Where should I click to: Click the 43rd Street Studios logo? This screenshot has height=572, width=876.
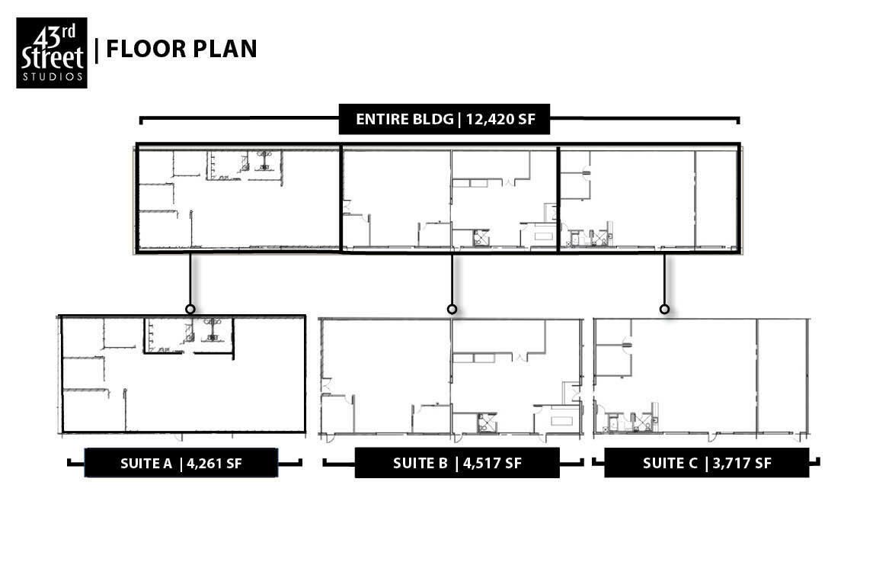coord(51,53)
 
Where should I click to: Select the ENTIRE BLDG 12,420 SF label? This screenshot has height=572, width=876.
coord(444,119)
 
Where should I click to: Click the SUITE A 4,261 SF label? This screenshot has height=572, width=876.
coord(181,463)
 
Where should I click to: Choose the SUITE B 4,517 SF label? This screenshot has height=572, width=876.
coord(457,463)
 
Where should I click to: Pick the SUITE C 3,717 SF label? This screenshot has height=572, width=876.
coord(707,463)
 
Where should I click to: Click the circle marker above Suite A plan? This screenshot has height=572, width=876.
coord(190,309)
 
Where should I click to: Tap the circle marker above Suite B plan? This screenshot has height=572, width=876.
coord(452,309)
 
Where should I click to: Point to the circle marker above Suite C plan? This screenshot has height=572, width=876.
coord(664,309)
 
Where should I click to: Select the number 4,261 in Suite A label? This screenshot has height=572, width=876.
coord(206,464)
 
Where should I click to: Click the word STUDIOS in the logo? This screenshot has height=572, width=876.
coord(52,76)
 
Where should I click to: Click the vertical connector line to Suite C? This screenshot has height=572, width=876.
coord(664,279)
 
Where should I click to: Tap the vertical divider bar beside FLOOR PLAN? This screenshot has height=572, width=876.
coord(98,50)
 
